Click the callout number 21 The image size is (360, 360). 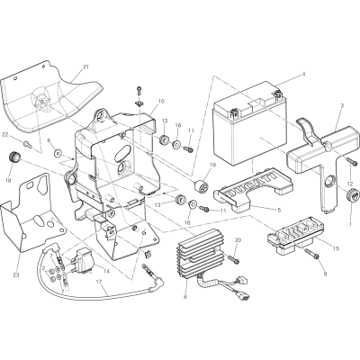85,67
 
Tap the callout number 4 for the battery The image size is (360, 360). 303,74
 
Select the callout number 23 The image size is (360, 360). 16,275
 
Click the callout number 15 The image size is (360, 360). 337,248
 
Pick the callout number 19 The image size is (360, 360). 213,165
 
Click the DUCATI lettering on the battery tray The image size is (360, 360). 251,184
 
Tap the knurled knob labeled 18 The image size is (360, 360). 13,157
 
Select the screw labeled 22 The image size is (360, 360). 29,145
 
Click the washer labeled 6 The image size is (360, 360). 57,154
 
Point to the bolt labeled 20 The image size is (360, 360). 233,259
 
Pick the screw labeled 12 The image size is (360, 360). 352,161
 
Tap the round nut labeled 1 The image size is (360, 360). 353,195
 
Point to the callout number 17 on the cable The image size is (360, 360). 98,282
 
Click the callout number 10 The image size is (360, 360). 161,102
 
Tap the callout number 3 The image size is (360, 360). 342,105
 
